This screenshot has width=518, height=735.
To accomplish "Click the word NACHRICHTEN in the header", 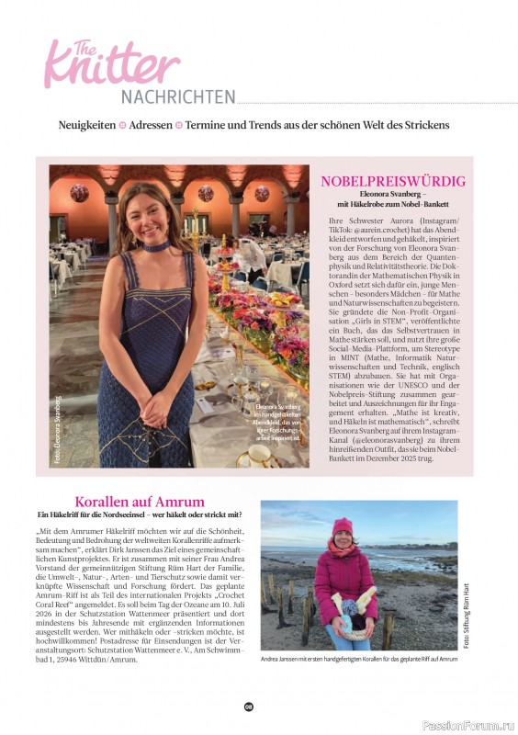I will tap(177, 96).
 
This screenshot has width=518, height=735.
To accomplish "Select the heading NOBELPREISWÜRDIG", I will tap(393, 181).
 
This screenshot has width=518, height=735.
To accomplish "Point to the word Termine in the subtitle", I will tap(209, 124).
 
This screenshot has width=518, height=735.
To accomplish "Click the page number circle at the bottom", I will tap(248, 707).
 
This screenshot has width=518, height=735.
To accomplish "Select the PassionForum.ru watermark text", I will tap(466, 725).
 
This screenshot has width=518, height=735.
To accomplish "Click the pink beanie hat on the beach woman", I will tap(343, 526).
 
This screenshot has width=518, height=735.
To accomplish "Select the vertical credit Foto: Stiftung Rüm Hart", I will tap(466, 616).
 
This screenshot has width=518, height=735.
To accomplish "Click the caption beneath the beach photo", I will tap(358, 660).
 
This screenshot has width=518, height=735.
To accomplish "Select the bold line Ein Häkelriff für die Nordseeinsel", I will tap(140, 515).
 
